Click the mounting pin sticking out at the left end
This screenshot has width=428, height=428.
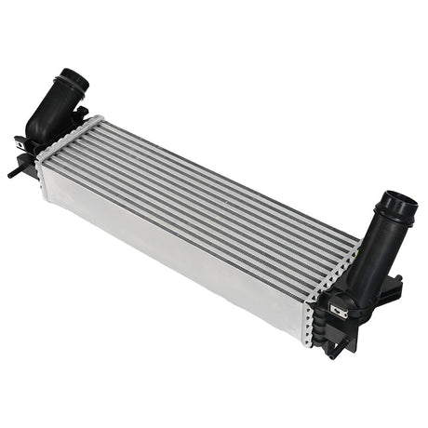point(13,171)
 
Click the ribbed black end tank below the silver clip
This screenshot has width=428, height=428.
point(330,330)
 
